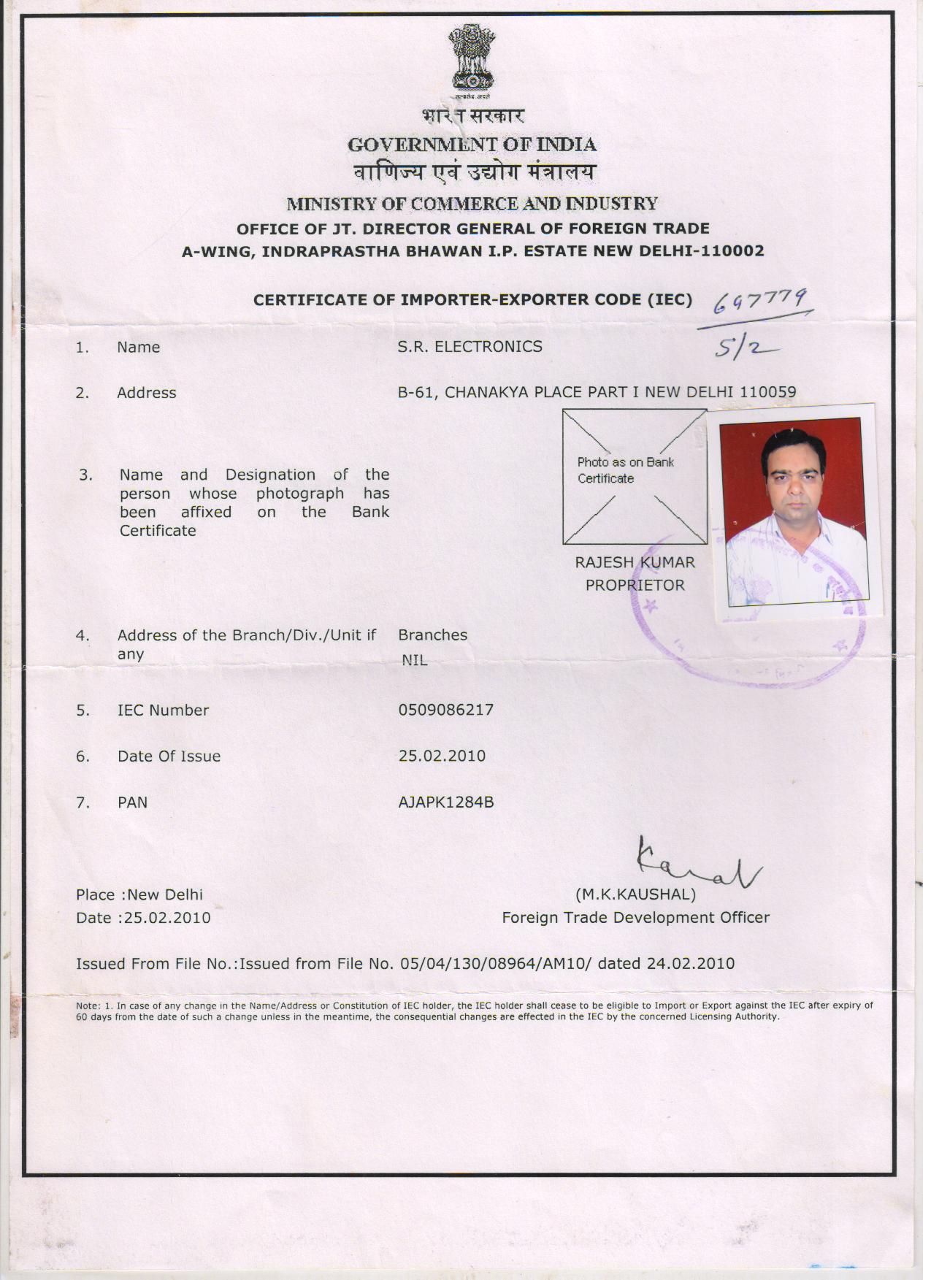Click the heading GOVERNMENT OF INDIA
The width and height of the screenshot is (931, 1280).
[472, 145]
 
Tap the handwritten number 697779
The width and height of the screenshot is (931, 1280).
[759, 300]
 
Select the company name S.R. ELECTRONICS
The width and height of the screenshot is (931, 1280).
[470, 347]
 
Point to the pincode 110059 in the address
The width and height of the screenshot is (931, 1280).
[767, 392]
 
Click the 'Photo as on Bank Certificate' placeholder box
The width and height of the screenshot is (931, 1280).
[634, 476]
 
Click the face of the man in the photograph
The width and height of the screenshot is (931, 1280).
[793, 475]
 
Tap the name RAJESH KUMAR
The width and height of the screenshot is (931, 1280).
[635, 562]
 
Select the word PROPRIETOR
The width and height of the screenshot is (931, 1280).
[635, 585]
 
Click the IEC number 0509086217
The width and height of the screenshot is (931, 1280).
[445, 710]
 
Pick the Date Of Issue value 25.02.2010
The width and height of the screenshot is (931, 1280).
[442, 756]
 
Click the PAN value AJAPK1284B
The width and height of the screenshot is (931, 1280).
[445, 802]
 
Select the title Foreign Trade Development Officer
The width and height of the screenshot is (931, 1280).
[635, 918]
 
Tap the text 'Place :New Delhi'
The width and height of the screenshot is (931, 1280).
[139, 894]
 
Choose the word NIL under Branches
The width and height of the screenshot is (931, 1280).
[414, 660]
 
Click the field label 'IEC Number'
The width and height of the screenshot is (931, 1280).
[163, 710]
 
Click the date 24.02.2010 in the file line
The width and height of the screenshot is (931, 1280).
[690, 964]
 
